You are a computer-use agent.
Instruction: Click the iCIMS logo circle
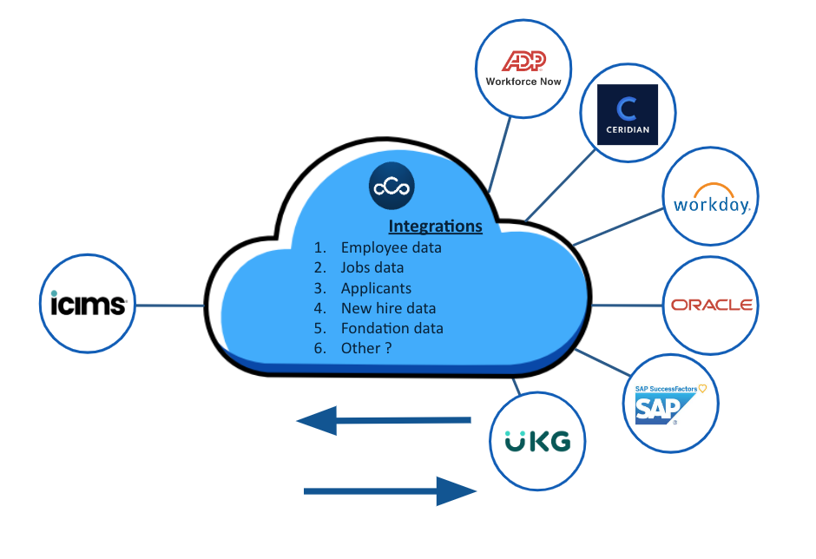88,305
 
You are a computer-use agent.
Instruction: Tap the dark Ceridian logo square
627,114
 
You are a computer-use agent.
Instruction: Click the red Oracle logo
711,305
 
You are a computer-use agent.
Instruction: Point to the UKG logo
538,440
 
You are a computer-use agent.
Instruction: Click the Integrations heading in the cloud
435,227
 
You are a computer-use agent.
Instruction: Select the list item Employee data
391,247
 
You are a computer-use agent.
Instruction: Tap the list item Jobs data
372,267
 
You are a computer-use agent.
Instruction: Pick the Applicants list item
376,287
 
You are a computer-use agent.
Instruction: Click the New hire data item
388,308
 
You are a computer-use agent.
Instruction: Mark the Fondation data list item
392,328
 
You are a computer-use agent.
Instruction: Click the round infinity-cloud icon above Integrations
392,187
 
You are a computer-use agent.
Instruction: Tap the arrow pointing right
390,490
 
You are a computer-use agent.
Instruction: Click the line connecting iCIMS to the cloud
171,306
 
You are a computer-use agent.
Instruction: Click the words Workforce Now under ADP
523,82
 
